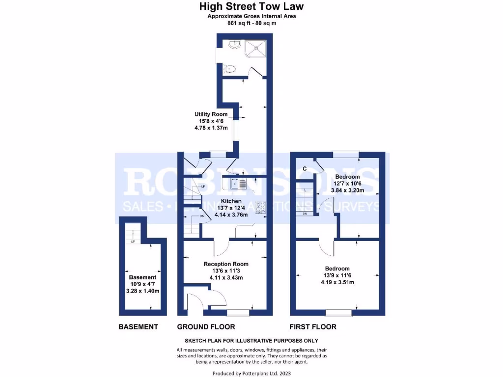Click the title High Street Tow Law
pyautogui.click(x=251, y=6)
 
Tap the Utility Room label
pyautogui.click(x=211, y=114)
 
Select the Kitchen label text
pyautogui.click(x=231, y=201)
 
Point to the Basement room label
pyautogui.click(x=142, y=277)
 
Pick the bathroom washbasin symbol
pyautogui.click(x=233, y=45)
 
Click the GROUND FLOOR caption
pyautogui.click(x=206, y=326)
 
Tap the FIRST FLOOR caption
pyautogui.click(x=313, y=326)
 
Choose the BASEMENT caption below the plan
pyautogui.click(x=138, y=326)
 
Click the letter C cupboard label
pyautogui.click(x=305, y=169)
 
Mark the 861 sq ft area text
pyautogui.click(x=251, y=23)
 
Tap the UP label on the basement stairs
pyautogui.click(x=133, y=242)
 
